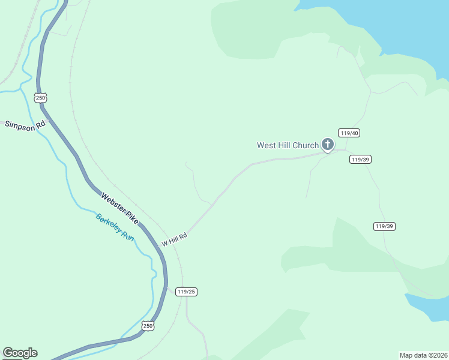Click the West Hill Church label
pos(288,145)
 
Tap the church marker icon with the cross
pos(327,144)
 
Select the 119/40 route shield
pos(349,133)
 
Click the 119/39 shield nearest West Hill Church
pos(360,159)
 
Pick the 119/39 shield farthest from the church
pos(384,226)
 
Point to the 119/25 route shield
pos(187,292)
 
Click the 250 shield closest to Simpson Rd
pos(40,98)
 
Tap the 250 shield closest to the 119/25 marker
pos(148,326)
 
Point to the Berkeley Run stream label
pos(115,226)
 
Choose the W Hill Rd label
pos(175,239)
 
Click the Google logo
pos(20,353)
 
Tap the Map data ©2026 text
pos(423,355)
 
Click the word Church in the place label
pos(306,145)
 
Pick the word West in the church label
pos(266,145)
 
